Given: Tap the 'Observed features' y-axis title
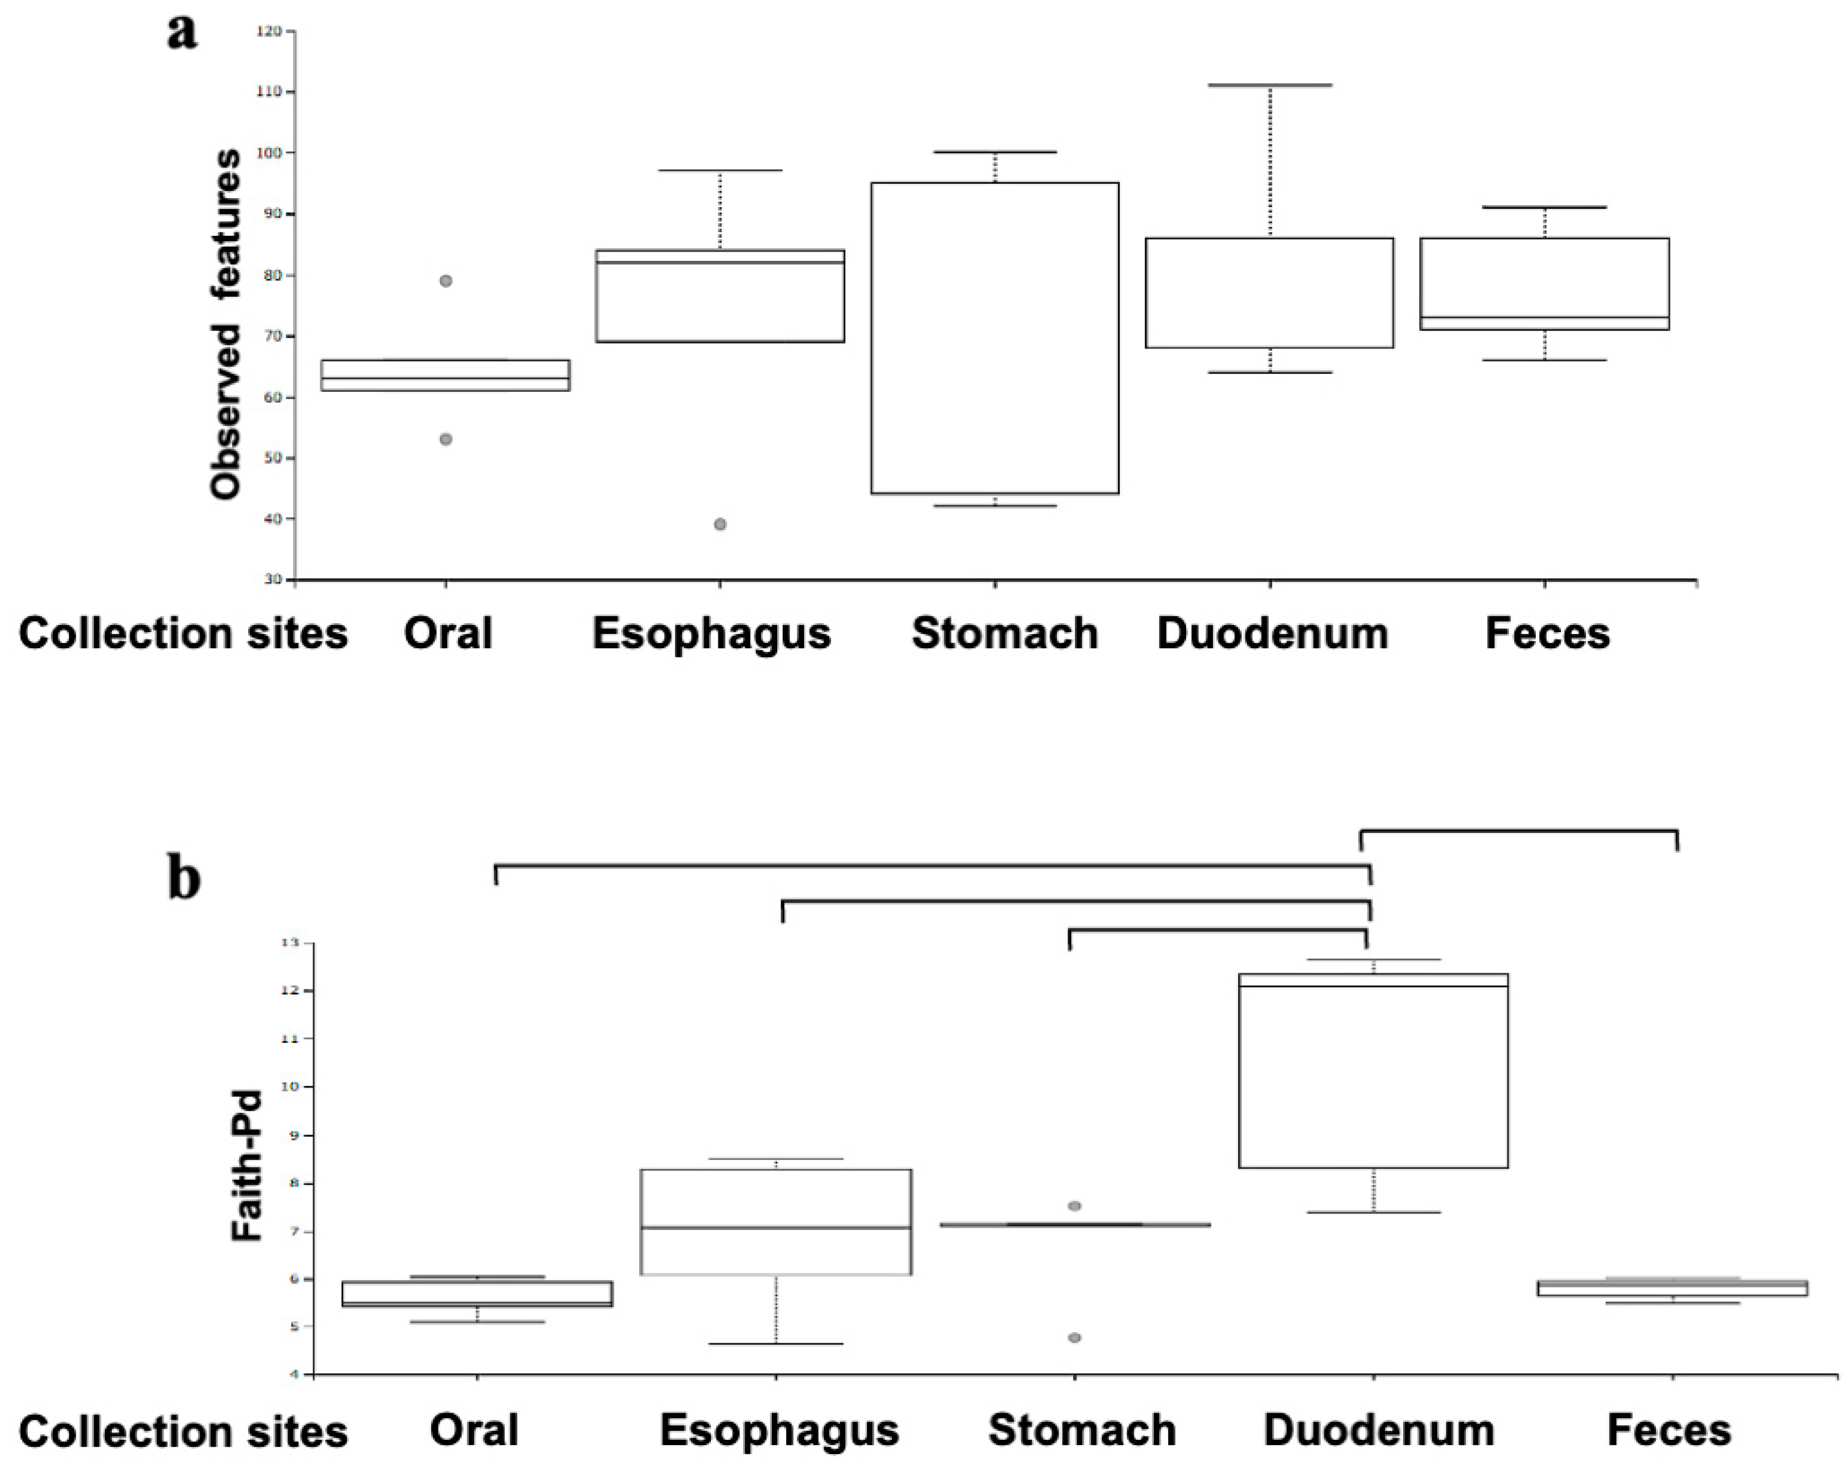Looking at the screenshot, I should click(226, 324).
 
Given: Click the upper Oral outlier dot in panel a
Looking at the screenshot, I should click(446, 281).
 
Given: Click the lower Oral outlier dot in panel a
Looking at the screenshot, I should click(446, 440).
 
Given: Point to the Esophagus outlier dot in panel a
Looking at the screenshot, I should click(720, 524).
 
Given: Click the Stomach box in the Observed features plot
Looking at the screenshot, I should click(995, 338).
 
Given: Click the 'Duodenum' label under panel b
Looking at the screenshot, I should click(1378, 1430).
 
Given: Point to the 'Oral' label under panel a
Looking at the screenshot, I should click(448, 634).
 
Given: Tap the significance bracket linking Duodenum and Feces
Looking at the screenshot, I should click(1519, 831).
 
